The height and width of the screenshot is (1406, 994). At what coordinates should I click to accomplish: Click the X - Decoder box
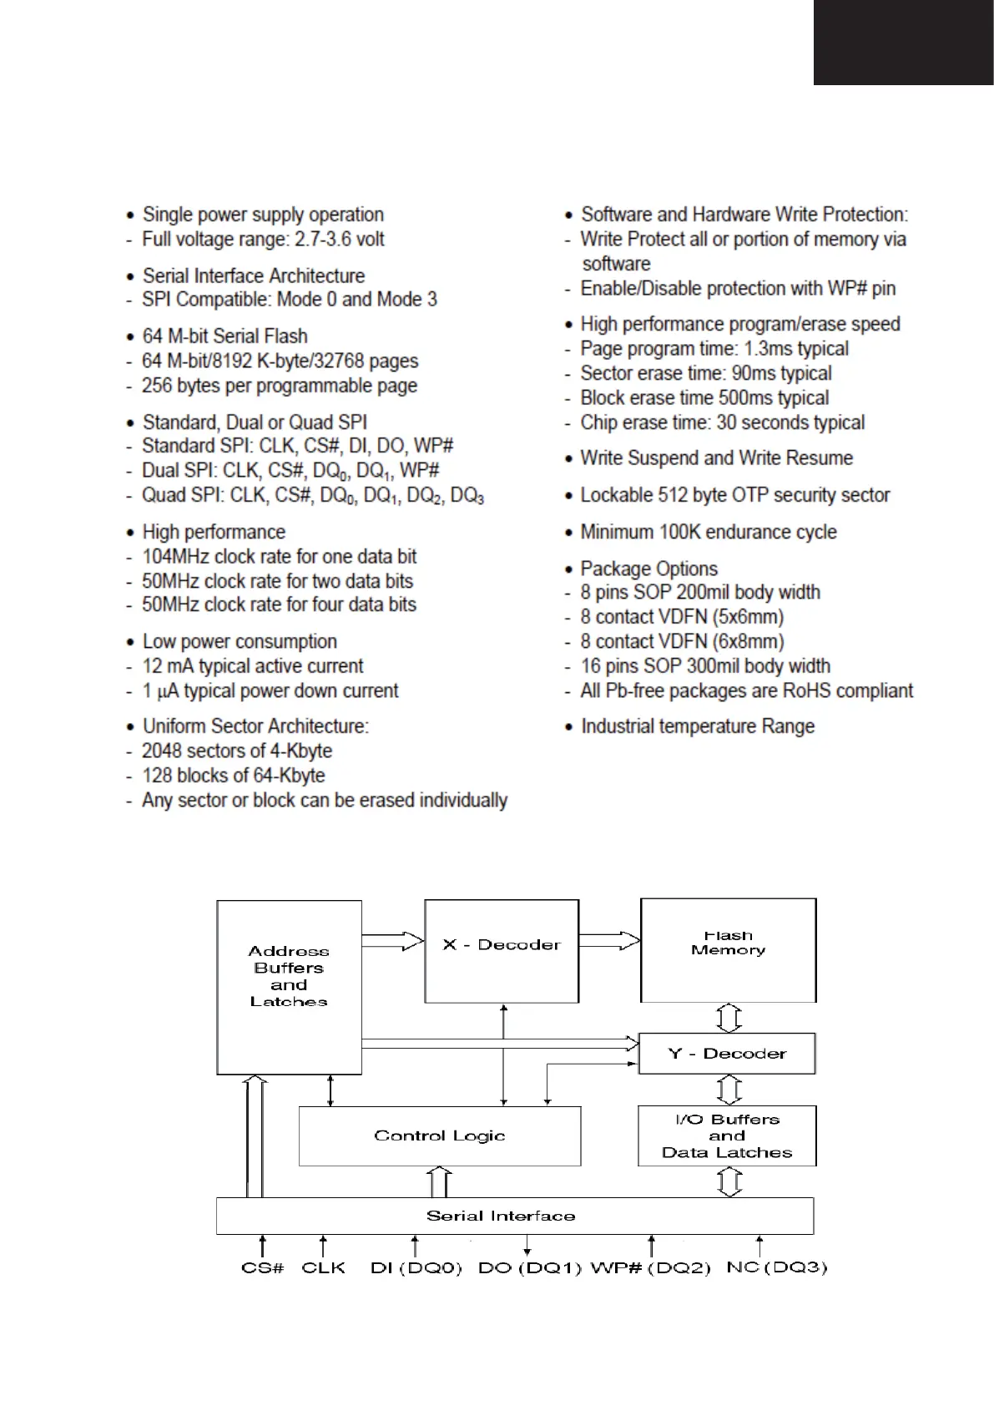[x=502, y=951]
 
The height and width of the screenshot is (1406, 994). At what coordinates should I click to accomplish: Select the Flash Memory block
[x=728, y=950]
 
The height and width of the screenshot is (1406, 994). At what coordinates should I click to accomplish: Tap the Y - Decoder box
[x=726, y=1054]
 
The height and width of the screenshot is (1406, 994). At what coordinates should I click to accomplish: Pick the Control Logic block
[x=440, y=1136]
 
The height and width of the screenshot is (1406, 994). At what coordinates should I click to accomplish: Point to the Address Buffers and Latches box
[x=289, y=986]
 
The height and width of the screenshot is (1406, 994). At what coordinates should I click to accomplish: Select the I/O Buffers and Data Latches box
[x=727, y=1136]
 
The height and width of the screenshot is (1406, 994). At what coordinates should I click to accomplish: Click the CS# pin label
[x=263, y=1267]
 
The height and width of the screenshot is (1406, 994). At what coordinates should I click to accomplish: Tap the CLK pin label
[x=323, y=1267]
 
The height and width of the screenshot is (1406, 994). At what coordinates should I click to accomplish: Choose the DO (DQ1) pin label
[x=529, y=1267]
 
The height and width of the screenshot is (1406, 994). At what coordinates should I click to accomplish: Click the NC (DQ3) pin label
[x=776, y=1267]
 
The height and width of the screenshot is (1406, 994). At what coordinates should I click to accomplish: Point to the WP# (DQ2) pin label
[x=650, y=1267]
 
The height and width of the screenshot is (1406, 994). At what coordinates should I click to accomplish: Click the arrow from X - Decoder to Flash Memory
[x=609, y=941]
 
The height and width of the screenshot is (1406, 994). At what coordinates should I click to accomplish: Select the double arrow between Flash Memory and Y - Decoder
[x=729, y=1018]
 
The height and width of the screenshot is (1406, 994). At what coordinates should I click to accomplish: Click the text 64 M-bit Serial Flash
[x=225, y=336]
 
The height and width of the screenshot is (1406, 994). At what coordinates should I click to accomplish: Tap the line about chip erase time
[x=722, y=422]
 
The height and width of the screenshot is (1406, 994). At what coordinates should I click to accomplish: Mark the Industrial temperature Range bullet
[x=697, y=726]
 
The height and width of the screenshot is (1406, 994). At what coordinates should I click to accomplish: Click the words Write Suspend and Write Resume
[x=716, y=458]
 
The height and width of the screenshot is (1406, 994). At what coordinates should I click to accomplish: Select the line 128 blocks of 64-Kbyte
[x=233, y=776]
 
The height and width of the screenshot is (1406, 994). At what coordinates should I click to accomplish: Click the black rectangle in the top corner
[x=904, y=42]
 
